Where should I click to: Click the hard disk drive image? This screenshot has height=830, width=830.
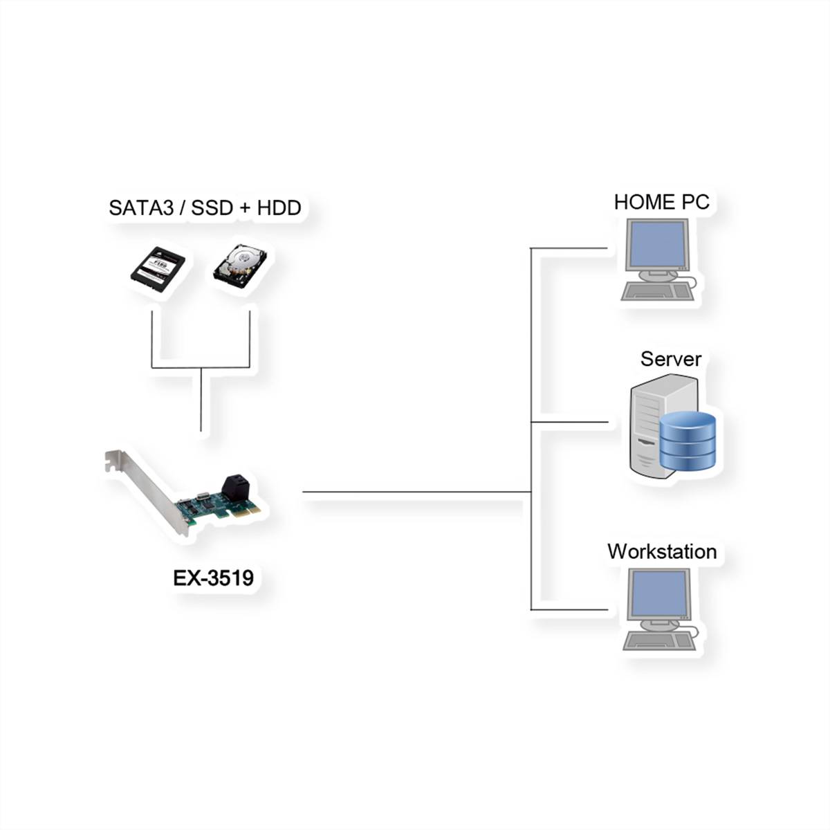[239, 267]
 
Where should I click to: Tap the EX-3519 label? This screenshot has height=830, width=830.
[213, 578]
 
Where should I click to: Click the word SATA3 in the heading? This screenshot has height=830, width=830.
[140, 208]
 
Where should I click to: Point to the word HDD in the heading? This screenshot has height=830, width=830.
[279, 208]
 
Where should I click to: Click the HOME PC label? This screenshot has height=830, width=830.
[661, 202]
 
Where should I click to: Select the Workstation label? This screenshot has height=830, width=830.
[662, 551]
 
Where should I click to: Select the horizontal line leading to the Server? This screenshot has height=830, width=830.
[569, 421]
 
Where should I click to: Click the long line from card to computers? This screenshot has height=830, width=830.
[415, 492]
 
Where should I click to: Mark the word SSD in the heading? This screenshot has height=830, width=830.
[212, 208]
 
